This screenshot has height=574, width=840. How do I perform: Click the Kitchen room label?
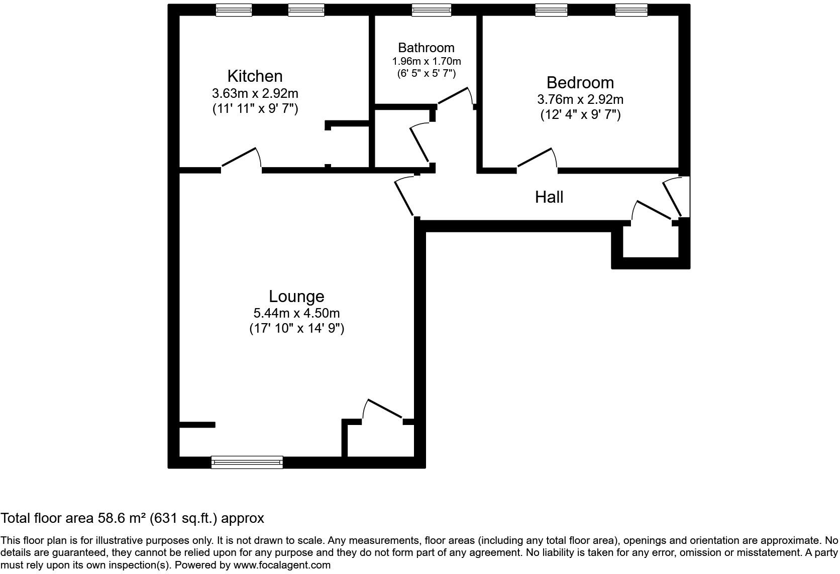tap(255, 76)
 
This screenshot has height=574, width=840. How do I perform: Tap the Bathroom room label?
tap(426, 48)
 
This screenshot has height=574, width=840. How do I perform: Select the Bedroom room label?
tap(580, 82)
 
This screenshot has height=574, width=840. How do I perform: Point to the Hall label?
tap(549, 197)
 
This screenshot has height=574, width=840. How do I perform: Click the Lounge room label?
tap(296, 297)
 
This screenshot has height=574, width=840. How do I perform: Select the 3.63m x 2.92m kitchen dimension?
tap(255, 93)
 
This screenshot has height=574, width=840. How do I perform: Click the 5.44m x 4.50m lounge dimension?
tap(296, 314)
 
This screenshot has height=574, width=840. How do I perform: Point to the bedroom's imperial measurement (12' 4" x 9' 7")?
tap(580, 115)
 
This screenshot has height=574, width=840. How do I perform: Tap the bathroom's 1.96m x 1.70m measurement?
tap(426, 61)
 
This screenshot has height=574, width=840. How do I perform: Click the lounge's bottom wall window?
tap(247, 462)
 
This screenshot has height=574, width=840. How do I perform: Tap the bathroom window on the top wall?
tap(431, 10)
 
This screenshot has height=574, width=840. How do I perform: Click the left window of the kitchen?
tap(234, 10)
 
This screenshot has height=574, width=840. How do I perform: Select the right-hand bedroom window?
tap(631, 10)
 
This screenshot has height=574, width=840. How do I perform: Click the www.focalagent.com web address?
tap(282, 565)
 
